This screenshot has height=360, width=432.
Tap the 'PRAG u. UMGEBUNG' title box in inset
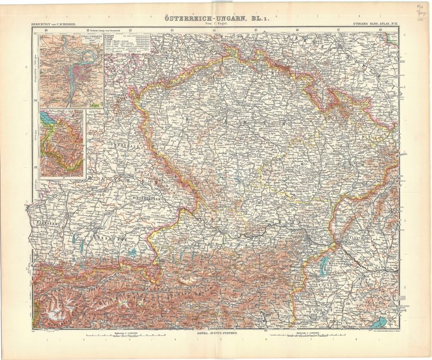click(x=52, y=40)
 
